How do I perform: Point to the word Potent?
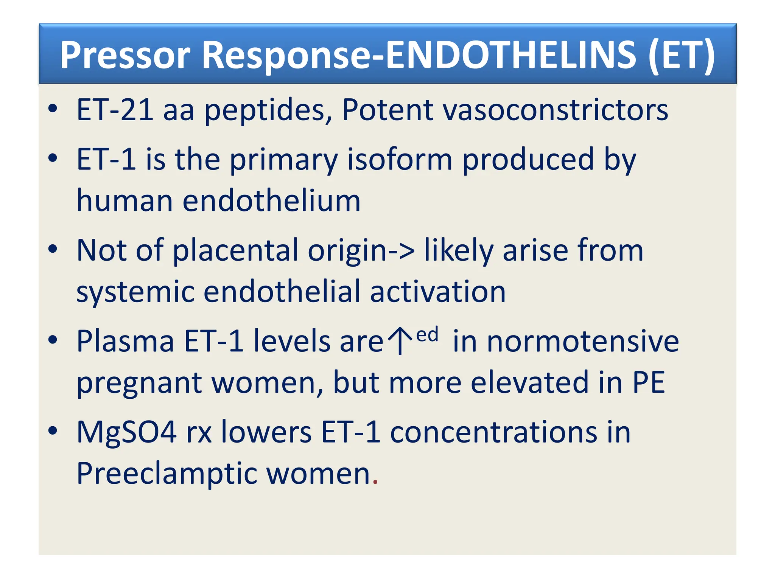387,110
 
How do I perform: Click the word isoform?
400,159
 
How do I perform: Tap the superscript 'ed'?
427,335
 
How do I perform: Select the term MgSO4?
126,432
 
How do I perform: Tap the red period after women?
375,482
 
